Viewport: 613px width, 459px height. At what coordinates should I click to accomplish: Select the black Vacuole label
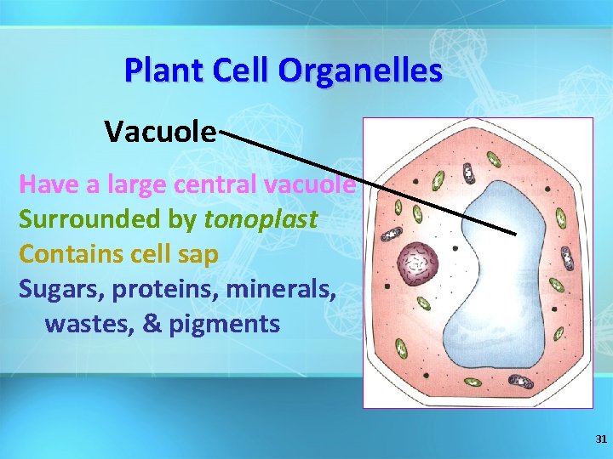pos(160,132)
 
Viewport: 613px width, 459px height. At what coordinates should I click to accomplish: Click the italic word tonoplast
pos(261,219)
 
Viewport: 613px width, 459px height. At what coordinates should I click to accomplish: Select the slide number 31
pos(600,439)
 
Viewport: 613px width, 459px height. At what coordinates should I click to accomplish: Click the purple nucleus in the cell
pos(418,263)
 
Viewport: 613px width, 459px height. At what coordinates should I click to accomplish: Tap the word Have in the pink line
pos(44,184)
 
